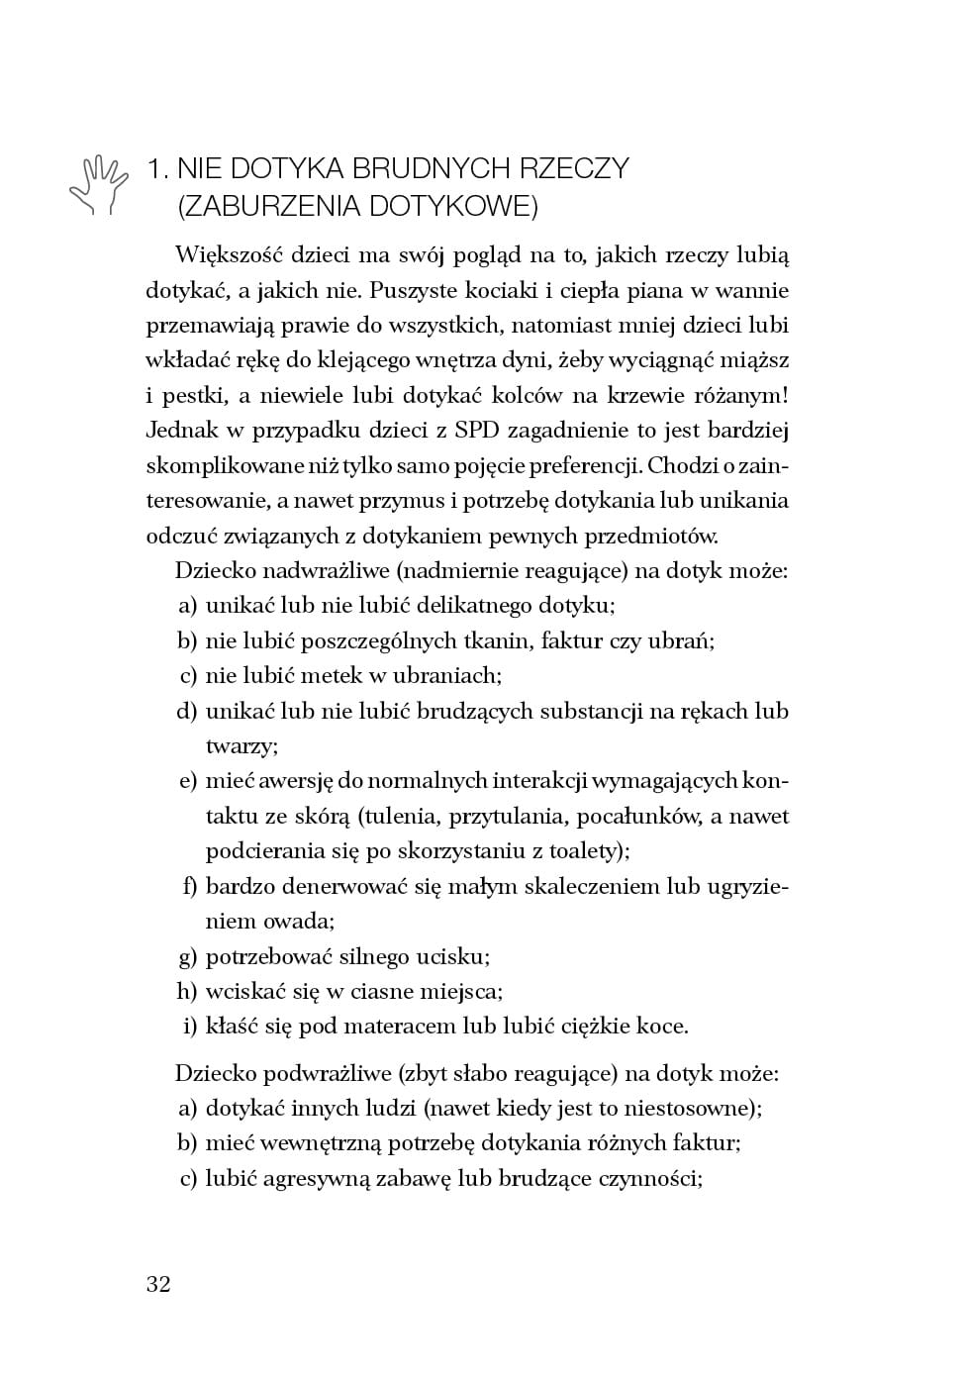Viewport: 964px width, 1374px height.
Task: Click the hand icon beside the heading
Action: point(98,184)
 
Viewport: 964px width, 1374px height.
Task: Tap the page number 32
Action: point(158,1284)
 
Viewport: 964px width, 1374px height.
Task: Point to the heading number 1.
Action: point(156,168)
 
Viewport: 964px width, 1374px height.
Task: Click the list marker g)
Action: point(187,956)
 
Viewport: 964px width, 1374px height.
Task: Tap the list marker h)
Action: point(187,991)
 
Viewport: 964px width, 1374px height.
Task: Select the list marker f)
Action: point(189,886)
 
